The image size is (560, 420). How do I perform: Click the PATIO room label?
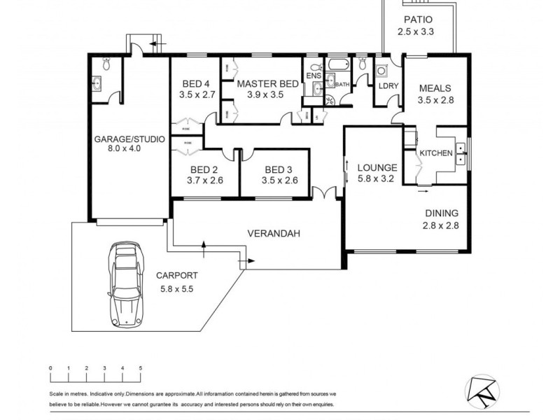[x=417, y=20]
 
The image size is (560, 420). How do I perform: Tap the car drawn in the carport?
[x=124, y=283]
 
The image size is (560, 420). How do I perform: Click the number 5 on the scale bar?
[x=141, y=367]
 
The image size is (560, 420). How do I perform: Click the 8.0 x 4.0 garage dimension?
[x=129, y=148]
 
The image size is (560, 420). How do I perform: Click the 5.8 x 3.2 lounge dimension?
[x=377, y=179]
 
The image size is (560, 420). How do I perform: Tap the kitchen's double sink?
[x=461, y=153]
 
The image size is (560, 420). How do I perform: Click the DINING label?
[x=441, y=213]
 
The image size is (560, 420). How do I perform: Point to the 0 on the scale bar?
[x=50, y=367]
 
